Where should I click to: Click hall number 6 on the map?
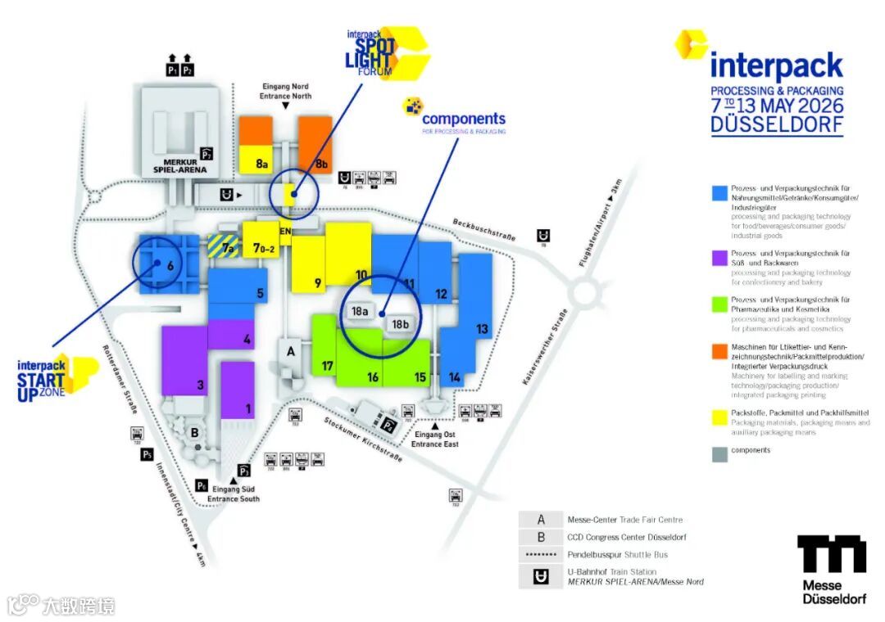pos(170,264)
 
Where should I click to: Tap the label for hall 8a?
pos(262,164)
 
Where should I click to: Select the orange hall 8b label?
pos(322,164)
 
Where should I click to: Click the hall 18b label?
pos(400,324)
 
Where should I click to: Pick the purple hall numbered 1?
pos(248,408)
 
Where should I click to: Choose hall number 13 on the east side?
pos(482,329)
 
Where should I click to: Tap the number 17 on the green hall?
pos(327,366)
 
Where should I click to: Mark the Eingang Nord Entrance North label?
pos(286,91)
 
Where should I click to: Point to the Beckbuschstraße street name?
pos(483,229)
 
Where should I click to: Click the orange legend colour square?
pos(719,351)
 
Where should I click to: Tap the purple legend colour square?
pos(719,258)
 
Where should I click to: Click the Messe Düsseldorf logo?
pos(832,570)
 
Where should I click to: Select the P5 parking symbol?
pos(147,454)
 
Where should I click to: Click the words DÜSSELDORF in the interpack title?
pos(776,125)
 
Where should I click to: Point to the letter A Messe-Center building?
pos(289,351)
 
